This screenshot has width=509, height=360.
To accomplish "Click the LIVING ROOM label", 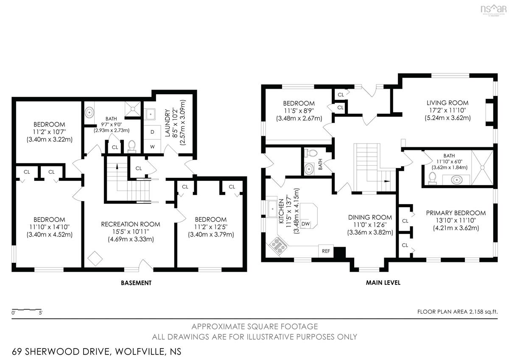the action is coord(447,103).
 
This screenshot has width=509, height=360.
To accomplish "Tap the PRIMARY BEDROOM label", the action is coord(456,213).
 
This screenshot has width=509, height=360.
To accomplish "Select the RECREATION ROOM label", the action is coord(131,224).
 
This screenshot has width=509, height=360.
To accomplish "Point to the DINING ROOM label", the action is coord(370,217).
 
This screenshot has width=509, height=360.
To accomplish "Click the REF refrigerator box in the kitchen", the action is coord(326,251).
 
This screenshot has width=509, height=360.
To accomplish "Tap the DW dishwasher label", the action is coord(306,224).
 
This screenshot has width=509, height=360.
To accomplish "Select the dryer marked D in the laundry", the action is coord(152,132).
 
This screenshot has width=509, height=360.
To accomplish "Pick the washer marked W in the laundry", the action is coord(152,146).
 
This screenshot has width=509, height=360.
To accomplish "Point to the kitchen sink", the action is coord(272,208).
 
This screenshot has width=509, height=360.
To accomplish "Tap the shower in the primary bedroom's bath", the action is coord(482,168).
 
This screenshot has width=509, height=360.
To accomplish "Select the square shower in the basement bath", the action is coord(133,109).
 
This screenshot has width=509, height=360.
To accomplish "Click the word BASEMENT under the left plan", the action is coord(136,283).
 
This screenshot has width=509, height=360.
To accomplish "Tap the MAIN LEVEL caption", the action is coord(383,283).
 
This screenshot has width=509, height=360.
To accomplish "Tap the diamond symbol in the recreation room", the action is coord(95,259).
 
